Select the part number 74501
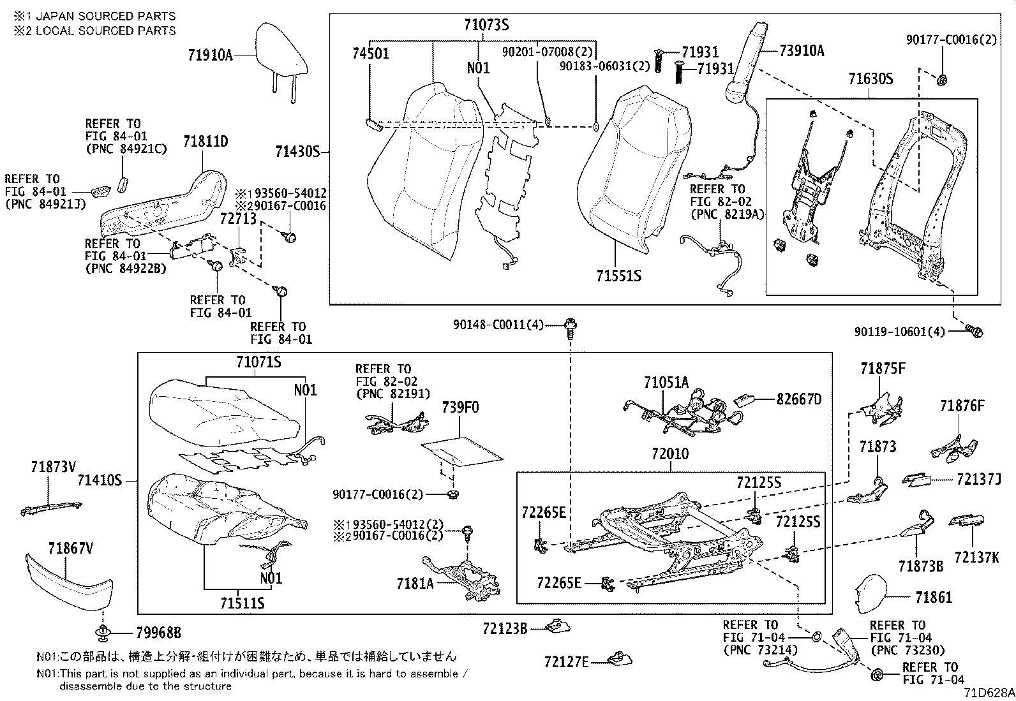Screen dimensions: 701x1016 pyautogui.click(x=370, y=54)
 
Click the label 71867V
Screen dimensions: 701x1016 pyautogui.click(x=70, y=547)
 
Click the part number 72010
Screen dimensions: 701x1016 pyautogui.click(x=670, y=454)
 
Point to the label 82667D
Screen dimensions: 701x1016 pyautogui.click(x=799, y=399)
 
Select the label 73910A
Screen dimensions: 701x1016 pyautogui.click(x=801, y=50)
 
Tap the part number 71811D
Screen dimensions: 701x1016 pyautogui.click(x=205, y=142)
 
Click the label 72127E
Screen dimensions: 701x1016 pyautogui.click(x=566, y=663)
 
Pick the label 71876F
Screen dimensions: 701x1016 pyautogui.click(x=962, y=406)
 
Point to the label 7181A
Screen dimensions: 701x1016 pyautogui.click(x=415, y=583)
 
